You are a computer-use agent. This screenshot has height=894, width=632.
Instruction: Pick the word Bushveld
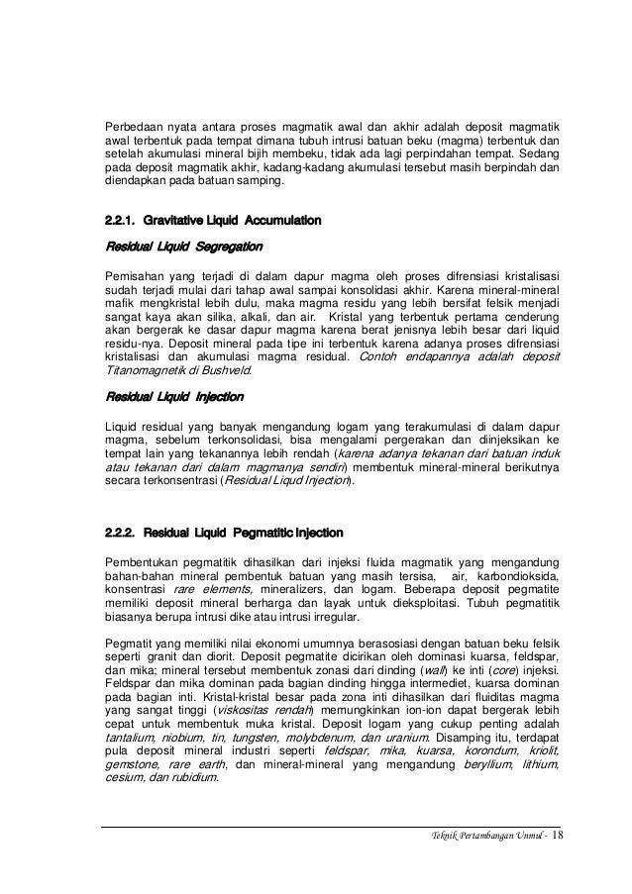click(x=227, y=370)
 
